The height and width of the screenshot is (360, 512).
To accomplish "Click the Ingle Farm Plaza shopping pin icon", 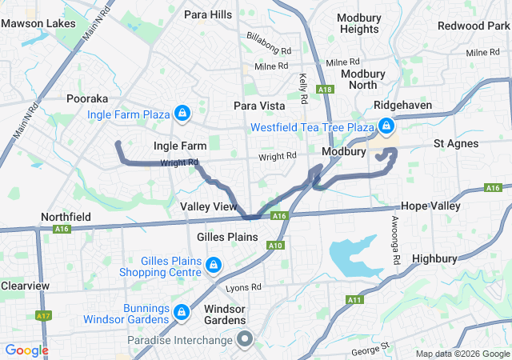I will pyautogui.click(x=182, y=114).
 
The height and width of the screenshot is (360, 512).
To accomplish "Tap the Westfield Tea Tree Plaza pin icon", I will pyautogui.click(x=386, y=126).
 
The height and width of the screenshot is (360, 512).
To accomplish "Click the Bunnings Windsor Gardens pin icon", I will pyautogui.click(x=182, y=311).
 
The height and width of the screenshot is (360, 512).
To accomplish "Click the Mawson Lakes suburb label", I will pyautogui.click(x=34, y=23).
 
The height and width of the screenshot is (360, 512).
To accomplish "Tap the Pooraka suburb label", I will pyautogui.click(x=87, y=98).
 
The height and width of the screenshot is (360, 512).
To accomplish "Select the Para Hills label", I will pyautogui.click(x=207, y=14).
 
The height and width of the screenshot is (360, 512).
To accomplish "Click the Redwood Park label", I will pyautogui.click(x=473, y=26).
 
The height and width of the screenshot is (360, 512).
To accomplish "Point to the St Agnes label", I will pyautogui.click(x=456, y=144).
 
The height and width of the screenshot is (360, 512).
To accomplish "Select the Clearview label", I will pyautogui.click(x=25, y=286).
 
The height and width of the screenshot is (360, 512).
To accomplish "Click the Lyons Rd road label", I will pyautogui.click(x=243, y=287).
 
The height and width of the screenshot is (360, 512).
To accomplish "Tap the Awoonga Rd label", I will pyautogui.click(x=395, y=240).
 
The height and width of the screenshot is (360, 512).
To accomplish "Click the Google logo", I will pyautogui.click(x=26, y=350).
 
